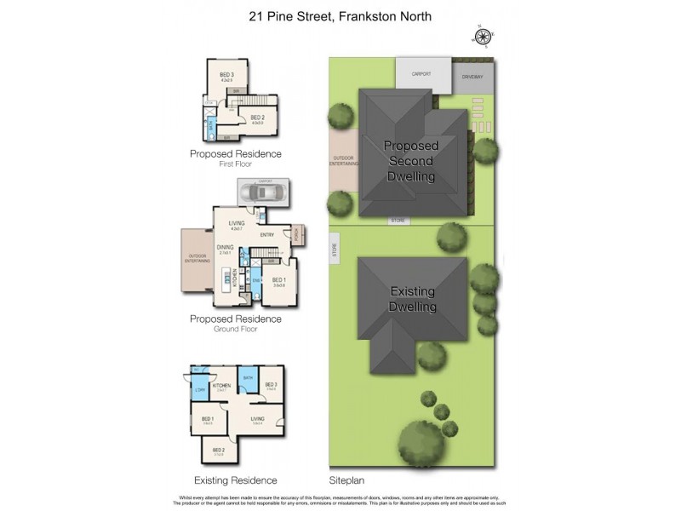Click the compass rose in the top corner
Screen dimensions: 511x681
pos(484,36)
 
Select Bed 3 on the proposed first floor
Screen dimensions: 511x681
pos(226,77)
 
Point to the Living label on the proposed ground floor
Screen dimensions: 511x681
pos(237,224)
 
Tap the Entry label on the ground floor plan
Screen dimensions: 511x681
pos(266,235)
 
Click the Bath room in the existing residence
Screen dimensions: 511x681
pos(249,378)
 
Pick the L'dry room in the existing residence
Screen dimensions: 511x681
pos(200,390)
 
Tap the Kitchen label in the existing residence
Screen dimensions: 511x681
pos(222,386)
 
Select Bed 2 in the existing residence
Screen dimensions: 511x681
pos(218,450)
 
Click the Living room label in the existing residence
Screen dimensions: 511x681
pos(257,418)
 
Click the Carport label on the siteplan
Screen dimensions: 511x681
pos(421,74)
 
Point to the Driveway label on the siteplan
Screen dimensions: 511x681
pos(472,77)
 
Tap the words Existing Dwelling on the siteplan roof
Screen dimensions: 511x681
pos(413,299)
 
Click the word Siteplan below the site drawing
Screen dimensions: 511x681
pos(346,480)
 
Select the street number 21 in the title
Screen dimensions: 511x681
pos(255,15)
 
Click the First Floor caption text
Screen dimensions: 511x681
pos(235,164)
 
